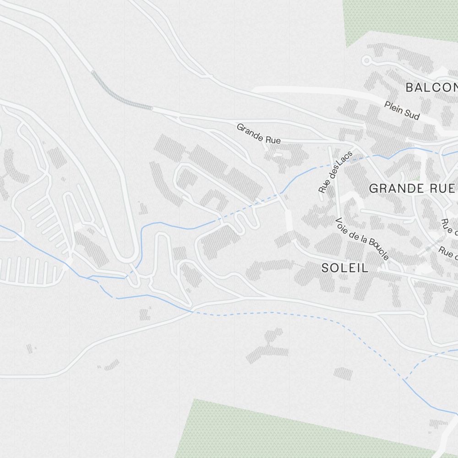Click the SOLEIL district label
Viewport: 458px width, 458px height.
[345, 268]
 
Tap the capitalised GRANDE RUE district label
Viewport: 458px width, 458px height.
[411, 188]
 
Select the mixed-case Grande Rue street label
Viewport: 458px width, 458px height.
[258, 133]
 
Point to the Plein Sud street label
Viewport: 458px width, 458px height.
[402, 110]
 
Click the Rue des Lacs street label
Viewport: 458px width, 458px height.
[336, 172]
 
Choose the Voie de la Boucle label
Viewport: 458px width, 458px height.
[362, 239]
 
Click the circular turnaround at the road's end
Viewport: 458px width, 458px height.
[366, 60]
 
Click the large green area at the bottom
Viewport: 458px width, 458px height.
[275, 431]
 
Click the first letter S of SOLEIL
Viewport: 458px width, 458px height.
[326, 268]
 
